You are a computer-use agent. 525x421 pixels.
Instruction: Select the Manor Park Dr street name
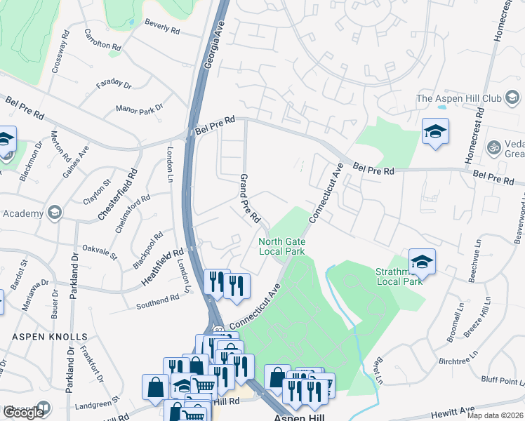139,109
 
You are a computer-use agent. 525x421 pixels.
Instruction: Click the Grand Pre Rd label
251,199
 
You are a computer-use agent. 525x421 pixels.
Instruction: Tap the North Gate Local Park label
281,246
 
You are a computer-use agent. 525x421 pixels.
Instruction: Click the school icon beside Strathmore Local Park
422,263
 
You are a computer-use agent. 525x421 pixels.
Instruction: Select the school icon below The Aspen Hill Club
435,131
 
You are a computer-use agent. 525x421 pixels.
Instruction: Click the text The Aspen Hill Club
468,98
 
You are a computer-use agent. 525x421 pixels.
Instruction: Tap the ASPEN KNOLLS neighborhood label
50,337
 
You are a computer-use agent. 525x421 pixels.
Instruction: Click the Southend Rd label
158,300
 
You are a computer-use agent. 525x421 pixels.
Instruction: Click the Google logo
23,413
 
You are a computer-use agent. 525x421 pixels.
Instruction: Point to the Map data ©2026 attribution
495,415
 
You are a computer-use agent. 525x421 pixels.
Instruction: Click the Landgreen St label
98,405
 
